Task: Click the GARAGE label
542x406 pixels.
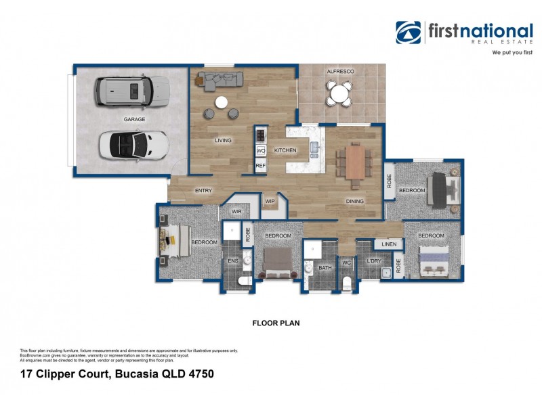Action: click(134, 119)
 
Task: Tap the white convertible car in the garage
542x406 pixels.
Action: click(133, 143)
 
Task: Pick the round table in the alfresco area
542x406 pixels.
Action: click(339, 92)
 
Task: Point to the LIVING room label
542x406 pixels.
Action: click(223, 141)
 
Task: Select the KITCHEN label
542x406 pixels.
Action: click(285, 150)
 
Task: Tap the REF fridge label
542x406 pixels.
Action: click(260, 165)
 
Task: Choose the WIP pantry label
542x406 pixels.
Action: click(270, 201)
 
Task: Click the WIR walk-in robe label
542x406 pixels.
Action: click(236, 212)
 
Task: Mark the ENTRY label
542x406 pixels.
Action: click(203, 191)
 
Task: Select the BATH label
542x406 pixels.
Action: click(325, 268)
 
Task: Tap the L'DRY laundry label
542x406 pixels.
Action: click(373, 261)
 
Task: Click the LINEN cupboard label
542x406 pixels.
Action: click(388, 244)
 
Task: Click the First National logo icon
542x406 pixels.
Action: click(409, 32)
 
